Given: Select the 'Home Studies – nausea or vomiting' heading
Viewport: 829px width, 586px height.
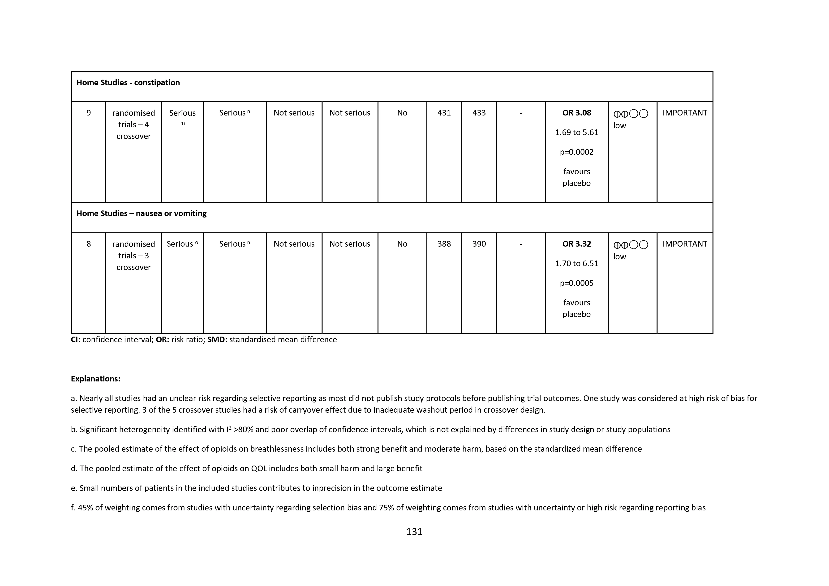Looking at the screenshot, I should point(141,213).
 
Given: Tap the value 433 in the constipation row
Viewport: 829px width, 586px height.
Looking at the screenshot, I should point(479,113).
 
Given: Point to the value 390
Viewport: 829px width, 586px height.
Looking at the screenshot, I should point(479,244).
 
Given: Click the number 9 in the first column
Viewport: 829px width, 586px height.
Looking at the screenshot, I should point(88,113).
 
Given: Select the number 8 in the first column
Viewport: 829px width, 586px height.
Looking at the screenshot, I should point(88,244).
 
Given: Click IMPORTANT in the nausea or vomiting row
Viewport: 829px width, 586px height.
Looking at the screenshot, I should point(685,244).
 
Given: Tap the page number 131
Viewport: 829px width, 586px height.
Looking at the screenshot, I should point(414,531).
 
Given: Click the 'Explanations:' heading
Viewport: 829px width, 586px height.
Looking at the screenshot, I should point(95,379).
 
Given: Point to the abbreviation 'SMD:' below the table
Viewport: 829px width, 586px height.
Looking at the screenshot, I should point(217,340).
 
